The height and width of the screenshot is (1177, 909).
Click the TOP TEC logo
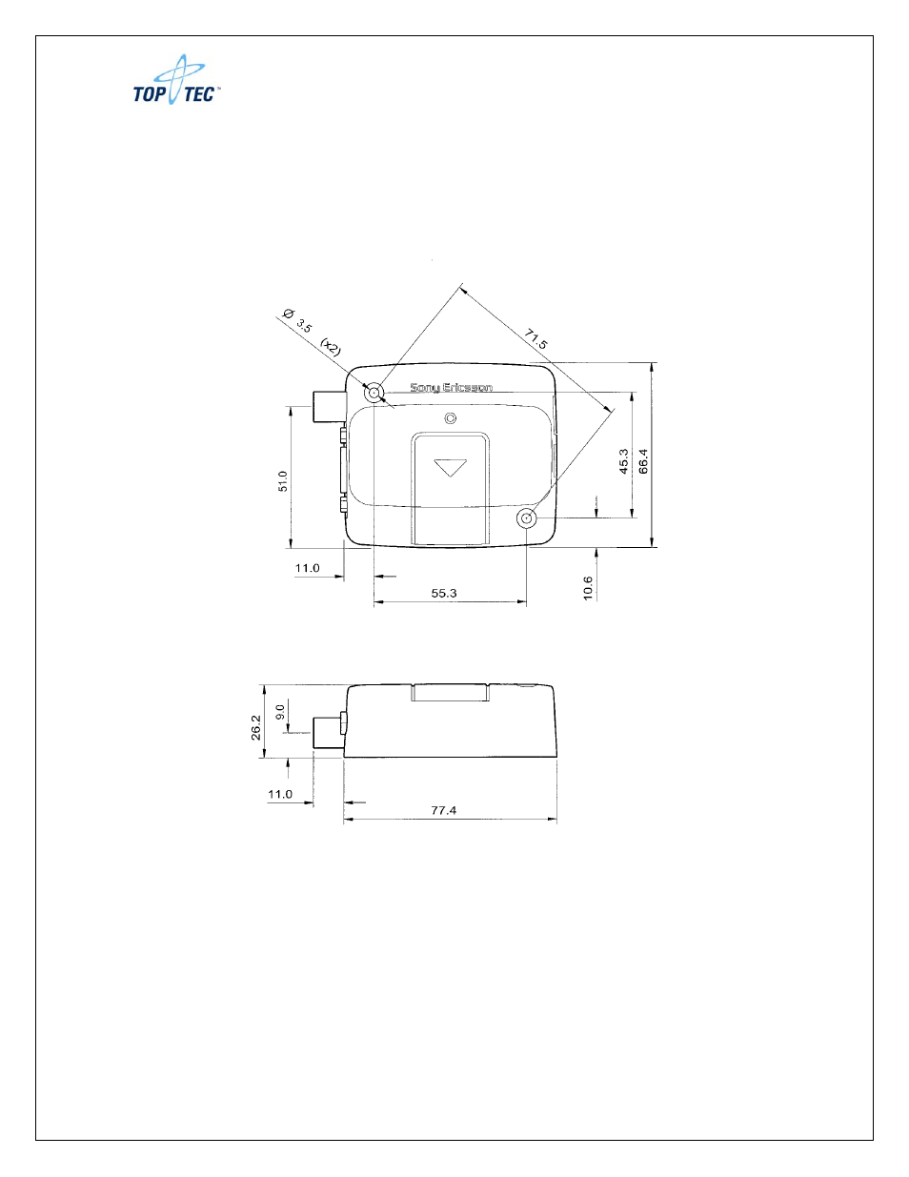pos(177,80)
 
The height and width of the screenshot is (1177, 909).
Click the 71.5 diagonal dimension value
pos(536,339)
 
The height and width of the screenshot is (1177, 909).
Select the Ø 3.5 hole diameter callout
pos(297,320)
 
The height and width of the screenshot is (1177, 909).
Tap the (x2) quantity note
pos(331,347)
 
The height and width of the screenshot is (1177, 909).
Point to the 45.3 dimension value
pos(624,461)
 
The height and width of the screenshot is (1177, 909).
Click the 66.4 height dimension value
pos(643,461)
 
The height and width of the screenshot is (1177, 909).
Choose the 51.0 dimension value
pos(283,481)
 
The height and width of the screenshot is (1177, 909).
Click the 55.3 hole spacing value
pos(444,593)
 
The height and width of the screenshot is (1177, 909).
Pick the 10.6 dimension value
pos(588,588)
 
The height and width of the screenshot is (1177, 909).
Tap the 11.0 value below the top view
pos(307,568)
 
